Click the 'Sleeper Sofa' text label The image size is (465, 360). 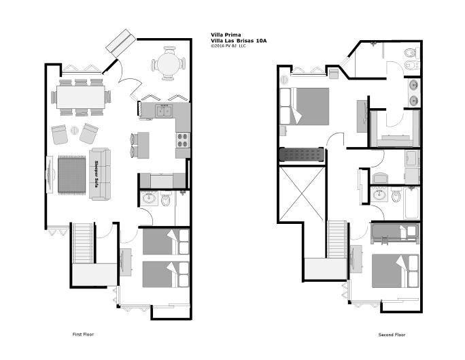click(96, 174)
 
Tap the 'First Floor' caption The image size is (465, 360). click(83, 334)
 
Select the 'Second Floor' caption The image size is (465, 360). click(392, 334)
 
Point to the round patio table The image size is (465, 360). click(169, 63)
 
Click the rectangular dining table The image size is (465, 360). click(81, 97)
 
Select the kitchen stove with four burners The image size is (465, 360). click(183, 140)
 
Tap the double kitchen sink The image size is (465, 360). click(165, 111)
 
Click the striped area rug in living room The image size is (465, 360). click(72, 175)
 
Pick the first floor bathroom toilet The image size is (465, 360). click(165, 199)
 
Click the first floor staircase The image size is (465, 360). click(83, 243)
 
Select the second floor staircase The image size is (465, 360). click(337, 240)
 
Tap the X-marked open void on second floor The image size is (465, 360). click(302, 194)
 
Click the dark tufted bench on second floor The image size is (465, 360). click(302, 154)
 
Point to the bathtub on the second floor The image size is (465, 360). click(411, 203)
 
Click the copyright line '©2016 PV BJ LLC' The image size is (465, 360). click(228, 46)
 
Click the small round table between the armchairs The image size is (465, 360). click(74, 130)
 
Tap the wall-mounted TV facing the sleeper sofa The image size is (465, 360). click(50, 174)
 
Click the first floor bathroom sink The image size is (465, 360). click(149, 198)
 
